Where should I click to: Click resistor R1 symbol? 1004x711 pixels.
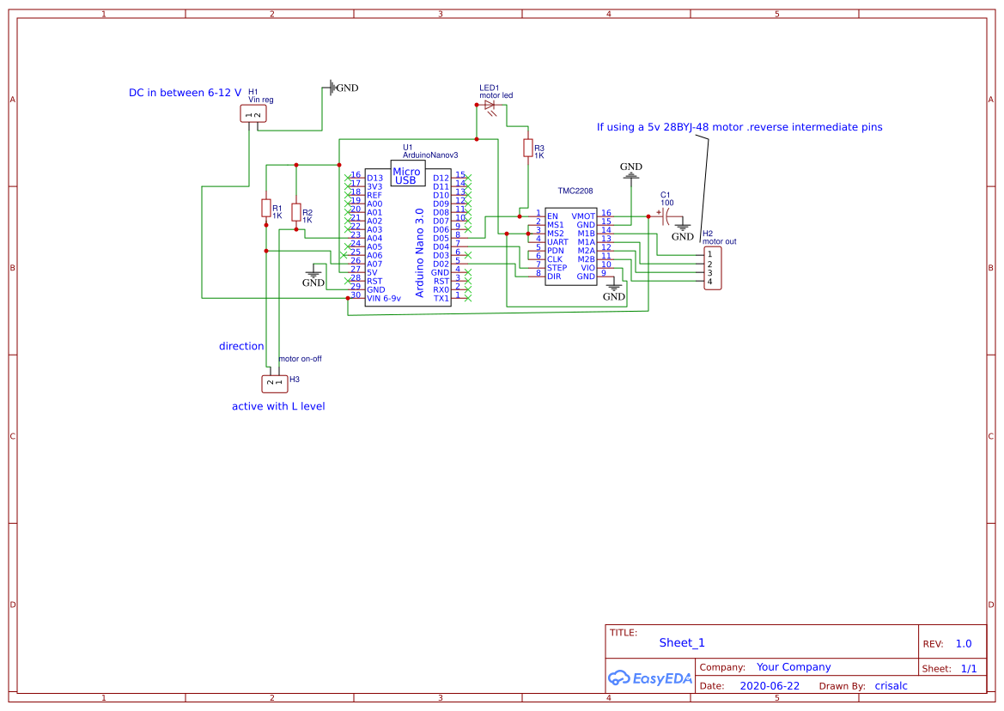coord(266,208)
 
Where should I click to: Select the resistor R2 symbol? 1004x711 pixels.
coord(296,212)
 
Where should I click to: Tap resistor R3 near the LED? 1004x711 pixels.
coord(527,149)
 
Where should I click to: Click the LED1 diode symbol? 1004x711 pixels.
coord(490,105)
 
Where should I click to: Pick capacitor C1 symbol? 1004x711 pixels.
coord(665,216)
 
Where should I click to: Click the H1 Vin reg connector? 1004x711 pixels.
coord(253,114)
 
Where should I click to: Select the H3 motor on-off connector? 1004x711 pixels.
coord(274,382)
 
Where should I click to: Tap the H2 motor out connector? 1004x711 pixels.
coord(712,268)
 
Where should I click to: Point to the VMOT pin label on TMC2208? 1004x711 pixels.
coord(583,216)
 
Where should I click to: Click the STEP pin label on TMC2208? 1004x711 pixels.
coord(557,268)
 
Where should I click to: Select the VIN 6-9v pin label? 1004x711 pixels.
coord(384,298)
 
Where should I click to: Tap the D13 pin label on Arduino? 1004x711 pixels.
coord(374,178)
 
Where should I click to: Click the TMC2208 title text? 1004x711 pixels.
coord(575,192)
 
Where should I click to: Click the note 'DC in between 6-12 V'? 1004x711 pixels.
coord(185,93)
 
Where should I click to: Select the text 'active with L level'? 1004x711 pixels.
coord(278,406)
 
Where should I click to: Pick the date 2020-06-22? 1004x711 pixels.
coord(770,686)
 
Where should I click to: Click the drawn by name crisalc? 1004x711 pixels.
coord(891,686)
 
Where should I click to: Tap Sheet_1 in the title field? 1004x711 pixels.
coord(682,642)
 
